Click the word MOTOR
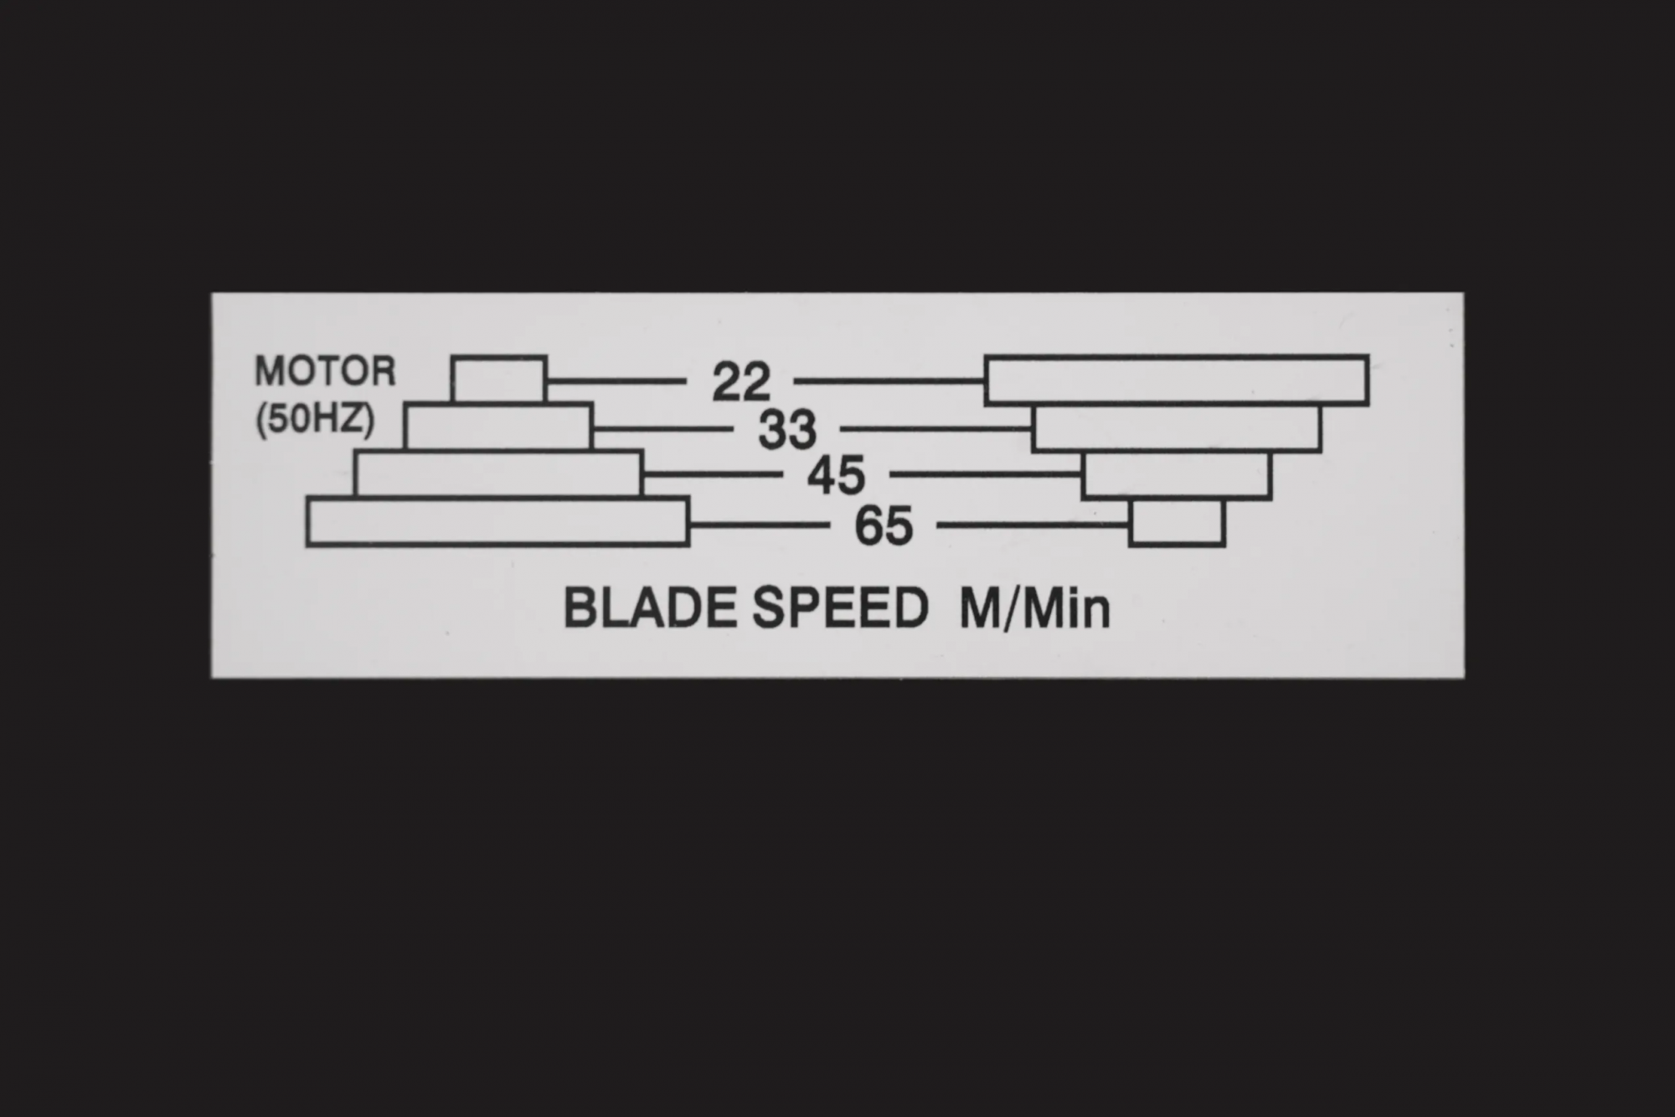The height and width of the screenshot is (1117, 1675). (x=325, y=371)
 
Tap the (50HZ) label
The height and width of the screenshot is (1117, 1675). (x=315, y=419)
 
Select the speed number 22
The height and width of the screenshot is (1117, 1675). (x=741, y=382)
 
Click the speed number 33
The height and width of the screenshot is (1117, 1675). (x=787, y=430)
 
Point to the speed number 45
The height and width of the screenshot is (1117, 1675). (x=836, y=476)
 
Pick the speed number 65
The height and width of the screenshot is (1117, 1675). (x=884, y=527)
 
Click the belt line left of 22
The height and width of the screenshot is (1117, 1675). (x=616, y=381)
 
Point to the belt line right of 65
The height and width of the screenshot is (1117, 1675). (x=1033, y=525)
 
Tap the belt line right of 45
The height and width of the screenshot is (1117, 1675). (x=986, y=474)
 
